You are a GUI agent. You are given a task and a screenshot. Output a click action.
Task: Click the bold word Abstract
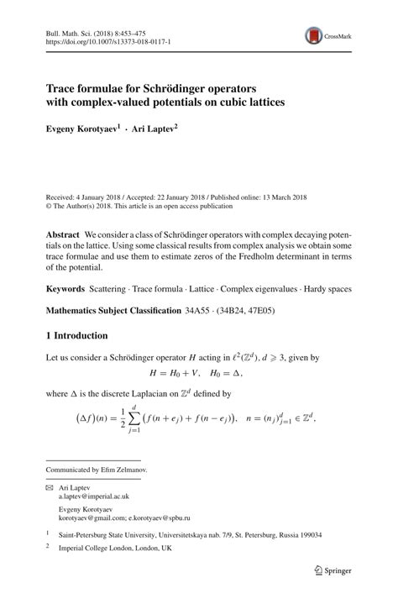pos(63,233)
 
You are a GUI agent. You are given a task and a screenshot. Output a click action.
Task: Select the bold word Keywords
pos(65,288)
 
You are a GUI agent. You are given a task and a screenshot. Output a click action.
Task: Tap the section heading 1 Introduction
pos(76,336)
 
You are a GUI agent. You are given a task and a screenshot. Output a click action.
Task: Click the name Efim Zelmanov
pos(123,470)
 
